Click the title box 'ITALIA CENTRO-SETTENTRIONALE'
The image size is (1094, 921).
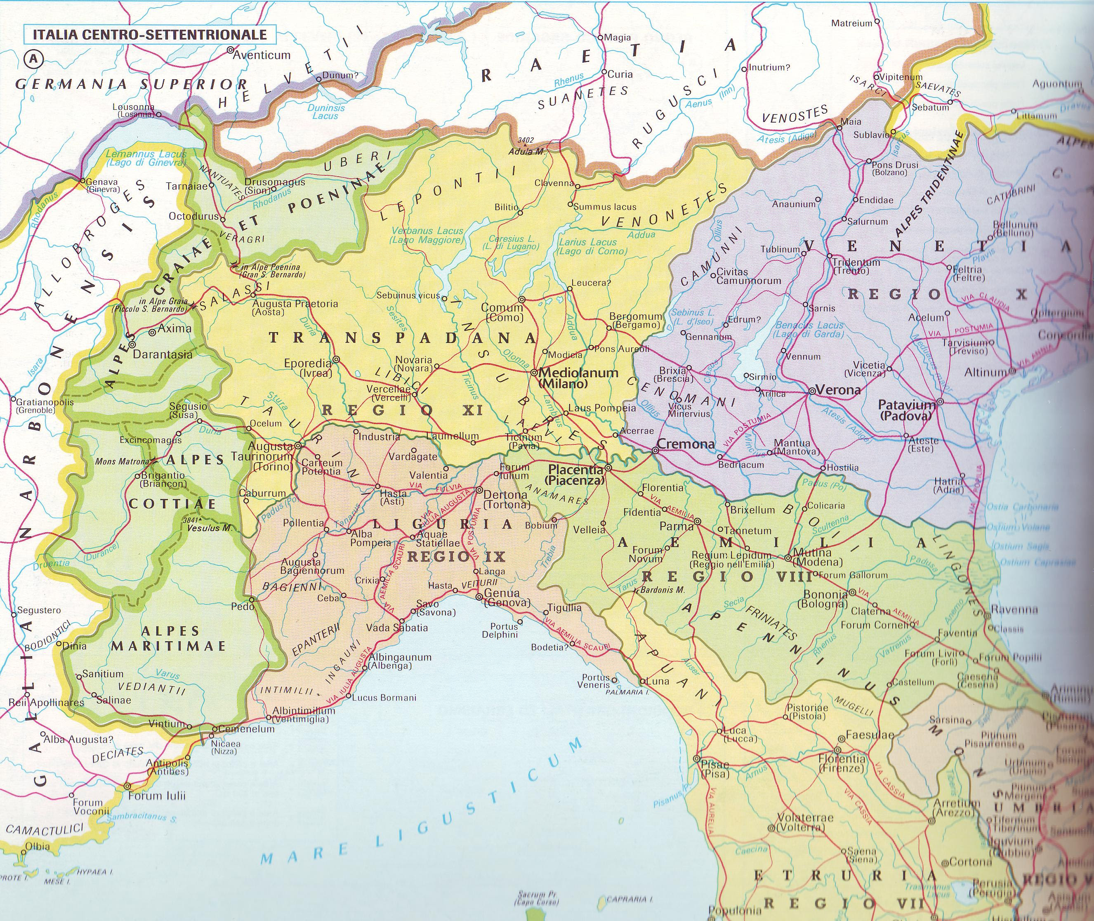coord(149,35)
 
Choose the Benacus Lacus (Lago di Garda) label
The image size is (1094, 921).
coord(809,329)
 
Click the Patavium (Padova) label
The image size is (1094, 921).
coord(907,411)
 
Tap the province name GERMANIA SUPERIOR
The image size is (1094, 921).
coord(130,84)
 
